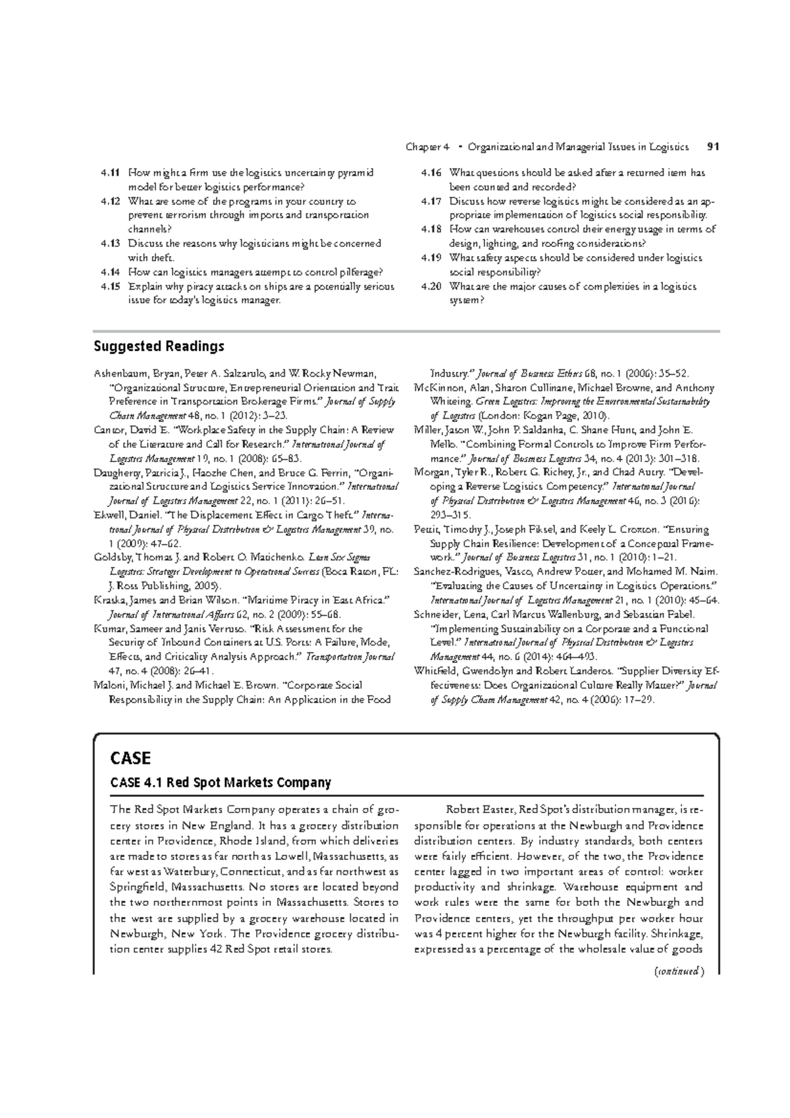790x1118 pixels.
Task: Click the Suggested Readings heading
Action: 159,346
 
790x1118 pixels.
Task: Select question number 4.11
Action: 111,173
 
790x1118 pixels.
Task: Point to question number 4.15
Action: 111,286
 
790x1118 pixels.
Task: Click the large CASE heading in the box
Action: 131,759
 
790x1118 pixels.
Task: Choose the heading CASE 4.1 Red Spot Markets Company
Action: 220,783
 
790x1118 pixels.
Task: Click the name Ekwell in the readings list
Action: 109,515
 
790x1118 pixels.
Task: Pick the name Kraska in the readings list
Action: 109,600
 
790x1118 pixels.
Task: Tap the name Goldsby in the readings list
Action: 111,557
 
